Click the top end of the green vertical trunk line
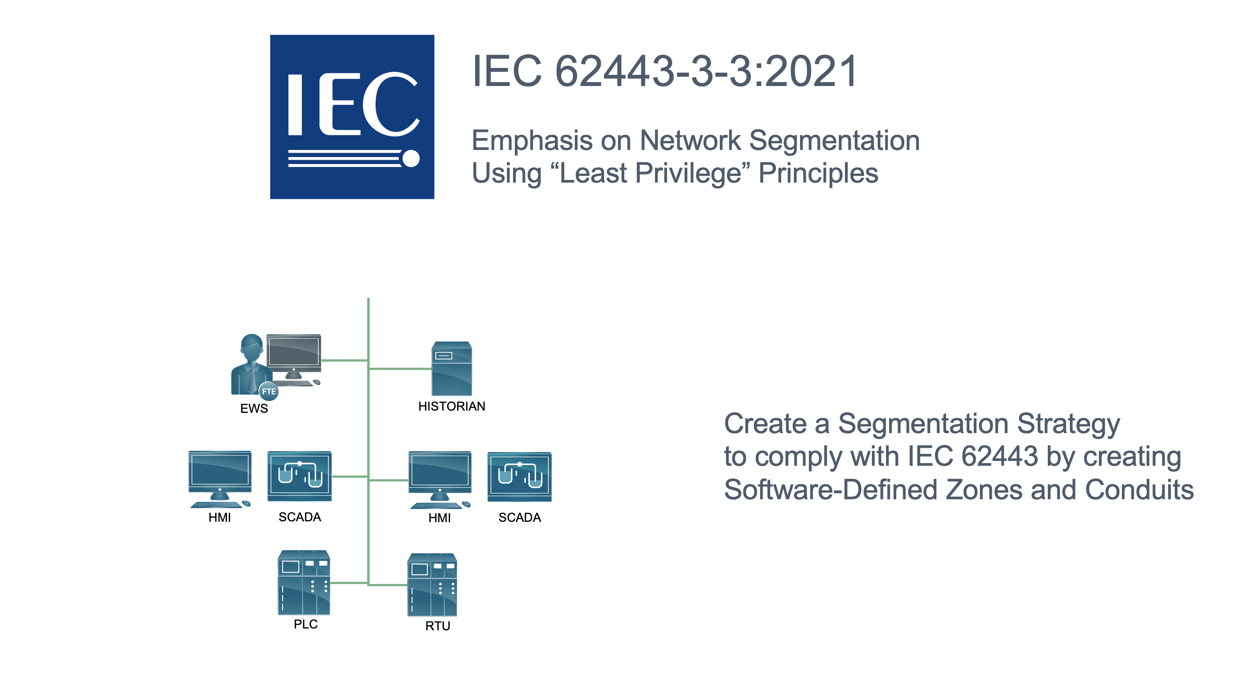coord(369,298)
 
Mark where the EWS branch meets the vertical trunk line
coord(369,360)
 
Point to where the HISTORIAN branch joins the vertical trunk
coord(369,369)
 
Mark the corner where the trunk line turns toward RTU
coord(369,585)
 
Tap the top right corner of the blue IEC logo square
coord(434,35)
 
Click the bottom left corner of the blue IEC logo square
coord(270,198)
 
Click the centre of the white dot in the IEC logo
coord(411,158)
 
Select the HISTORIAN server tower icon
coord(451,369)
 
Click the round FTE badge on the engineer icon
coord(268,391)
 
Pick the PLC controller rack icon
coord(304,582)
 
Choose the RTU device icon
coord(432,585)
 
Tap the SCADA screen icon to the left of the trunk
coord(299,476)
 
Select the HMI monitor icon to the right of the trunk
coord(440,480)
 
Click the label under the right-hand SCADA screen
coord(520,518)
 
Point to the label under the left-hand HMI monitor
coord(220,518)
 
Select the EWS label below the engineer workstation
coord(254,408)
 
